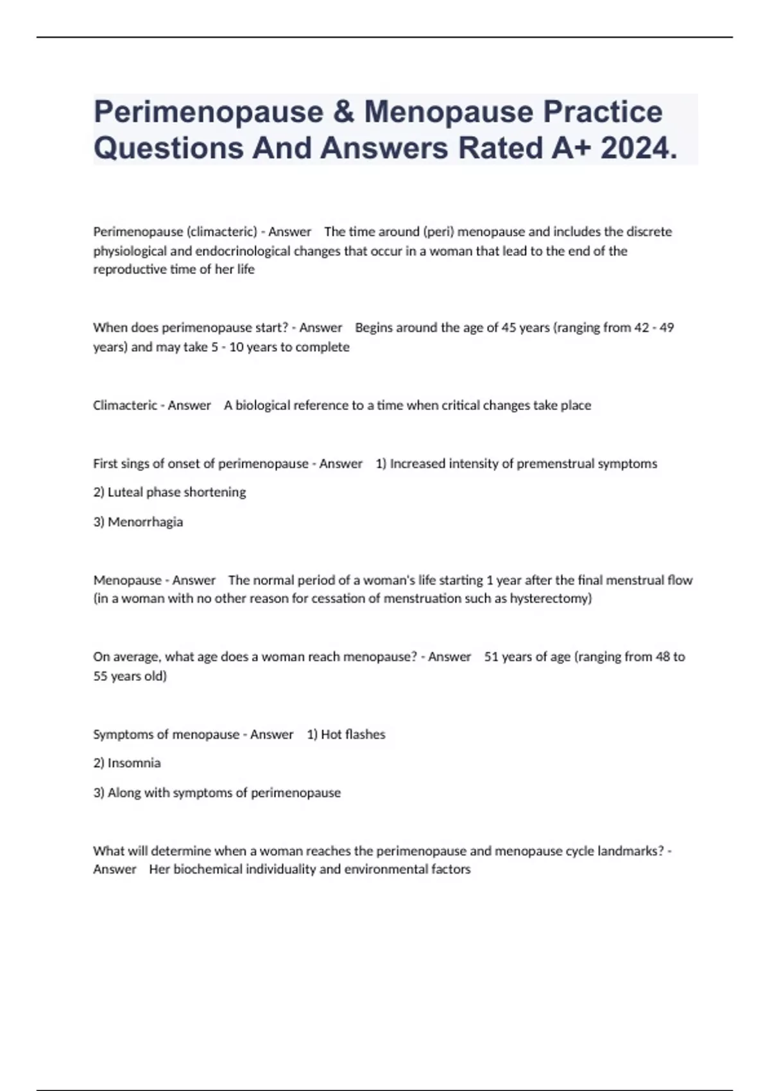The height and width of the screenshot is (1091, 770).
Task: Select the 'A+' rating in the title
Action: (571, 149)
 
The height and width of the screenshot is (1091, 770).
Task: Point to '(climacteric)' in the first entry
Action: (221, 232)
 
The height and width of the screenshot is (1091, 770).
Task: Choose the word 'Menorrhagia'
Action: (145, 522)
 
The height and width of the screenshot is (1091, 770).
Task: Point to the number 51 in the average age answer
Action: (492, 657)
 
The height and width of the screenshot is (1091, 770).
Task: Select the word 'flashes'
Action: (364, 735)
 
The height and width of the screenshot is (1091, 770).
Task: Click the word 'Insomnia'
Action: (134, 763)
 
